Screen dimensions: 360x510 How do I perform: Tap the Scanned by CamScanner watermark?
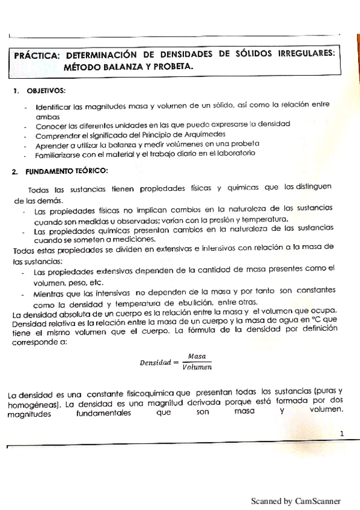point(295,500)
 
